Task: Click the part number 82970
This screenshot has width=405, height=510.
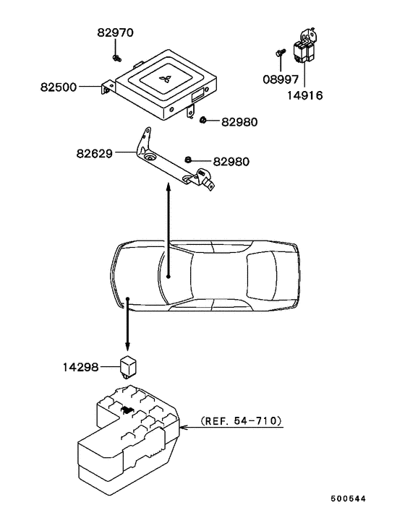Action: click(x=115, y=33)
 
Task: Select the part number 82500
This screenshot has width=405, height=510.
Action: click(x=59, y=87)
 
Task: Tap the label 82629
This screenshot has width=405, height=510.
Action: click(x=95, y=153)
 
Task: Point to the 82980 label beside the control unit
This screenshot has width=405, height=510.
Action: click(x=239, y=122)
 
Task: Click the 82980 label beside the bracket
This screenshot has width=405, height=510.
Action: click(x=231, y=162)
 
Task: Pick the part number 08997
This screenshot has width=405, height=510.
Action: click(x=281, y=79)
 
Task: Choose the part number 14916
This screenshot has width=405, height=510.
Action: click(x=305, y=95)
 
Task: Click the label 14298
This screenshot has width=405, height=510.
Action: click(x=80, y=367)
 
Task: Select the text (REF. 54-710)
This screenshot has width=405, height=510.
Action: click(x=242, y=421)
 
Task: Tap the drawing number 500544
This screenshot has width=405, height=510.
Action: click(x=349, y=498)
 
